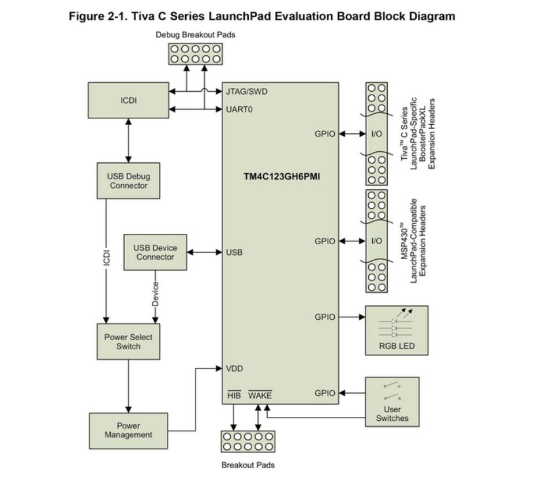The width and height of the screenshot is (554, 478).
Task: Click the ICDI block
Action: click(128, 100)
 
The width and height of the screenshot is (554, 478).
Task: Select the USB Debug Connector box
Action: click(128, 181)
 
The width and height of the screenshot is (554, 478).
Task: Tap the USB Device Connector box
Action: click(155, 252)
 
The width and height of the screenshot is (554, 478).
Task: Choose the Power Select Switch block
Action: click(128, 342)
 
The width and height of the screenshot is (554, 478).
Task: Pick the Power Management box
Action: click(128, 431)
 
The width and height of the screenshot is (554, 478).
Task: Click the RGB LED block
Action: click(396, 330)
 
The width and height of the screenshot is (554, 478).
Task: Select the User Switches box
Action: click(392, 402)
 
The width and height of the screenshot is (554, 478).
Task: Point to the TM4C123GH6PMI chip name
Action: click(282, 177)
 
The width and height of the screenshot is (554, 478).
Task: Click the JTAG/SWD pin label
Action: click(246, 92)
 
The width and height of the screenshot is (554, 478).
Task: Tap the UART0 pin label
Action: click(239, 109)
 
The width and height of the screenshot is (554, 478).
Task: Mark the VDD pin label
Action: click(234, 369)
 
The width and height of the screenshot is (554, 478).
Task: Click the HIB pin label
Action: click(234, 395)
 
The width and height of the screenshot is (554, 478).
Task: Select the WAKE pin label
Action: click(260, 395)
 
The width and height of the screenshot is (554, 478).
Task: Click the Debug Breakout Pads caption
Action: click(196, 35)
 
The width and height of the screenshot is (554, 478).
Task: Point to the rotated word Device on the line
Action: click(155, 294)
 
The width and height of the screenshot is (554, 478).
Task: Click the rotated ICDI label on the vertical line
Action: click(106, 257)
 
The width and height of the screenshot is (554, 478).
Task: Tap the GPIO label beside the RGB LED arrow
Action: click(325, 317)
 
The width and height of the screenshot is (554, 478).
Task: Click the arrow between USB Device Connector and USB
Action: click(204, 252)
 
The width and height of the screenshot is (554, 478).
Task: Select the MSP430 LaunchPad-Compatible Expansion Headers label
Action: click(413, 241)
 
